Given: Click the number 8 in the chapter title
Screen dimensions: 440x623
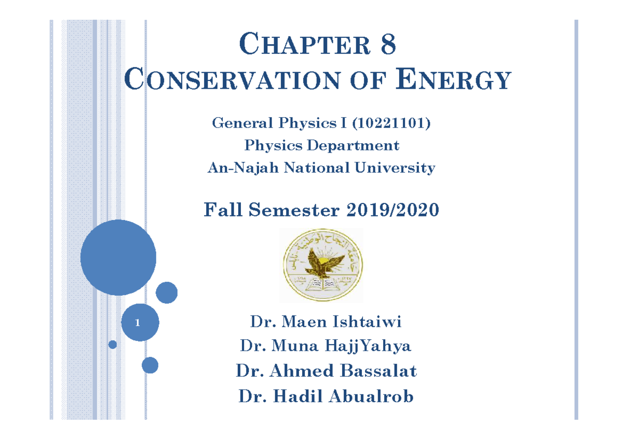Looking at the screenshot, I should (x=388, y=45).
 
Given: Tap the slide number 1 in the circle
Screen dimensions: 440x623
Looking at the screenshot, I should (x=138, y=323).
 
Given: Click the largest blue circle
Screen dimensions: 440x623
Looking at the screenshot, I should (x=118, y=257).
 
